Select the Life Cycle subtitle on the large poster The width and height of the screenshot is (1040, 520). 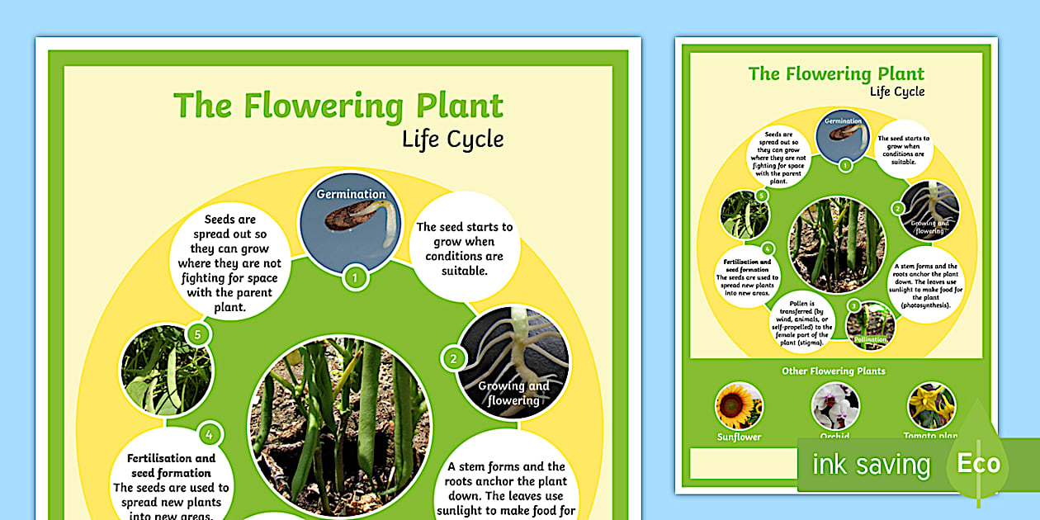tap(452, 139)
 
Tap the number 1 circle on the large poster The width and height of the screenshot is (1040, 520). tap(355, 277)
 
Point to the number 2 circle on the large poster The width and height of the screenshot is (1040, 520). tap(453, 358)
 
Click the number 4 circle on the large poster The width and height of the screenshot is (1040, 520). tap(210, 434)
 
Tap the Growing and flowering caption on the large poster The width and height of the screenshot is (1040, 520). tap(513, 393)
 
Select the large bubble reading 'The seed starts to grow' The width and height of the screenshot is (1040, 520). tap(465, 248)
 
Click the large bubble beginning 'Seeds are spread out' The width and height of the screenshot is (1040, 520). tap(229, 263)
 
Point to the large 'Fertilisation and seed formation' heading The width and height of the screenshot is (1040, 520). tap(171, 466)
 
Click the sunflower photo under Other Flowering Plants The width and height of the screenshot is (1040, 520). tap(738, 405)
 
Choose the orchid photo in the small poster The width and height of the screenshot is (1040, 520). tap(835, 405)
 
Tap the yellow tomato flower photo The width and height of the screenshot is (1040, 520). tap(932, 405)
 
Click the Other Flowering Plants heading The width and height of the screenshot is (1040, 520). tap(834, 371)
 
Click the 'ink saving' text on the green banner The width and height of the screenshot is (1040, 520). tap(871, 465)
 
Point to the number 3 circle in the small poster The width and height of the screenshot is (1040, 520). tap(854, 305)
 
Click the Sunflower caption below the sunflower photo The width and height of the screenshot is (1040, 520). tap(738, 437)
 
